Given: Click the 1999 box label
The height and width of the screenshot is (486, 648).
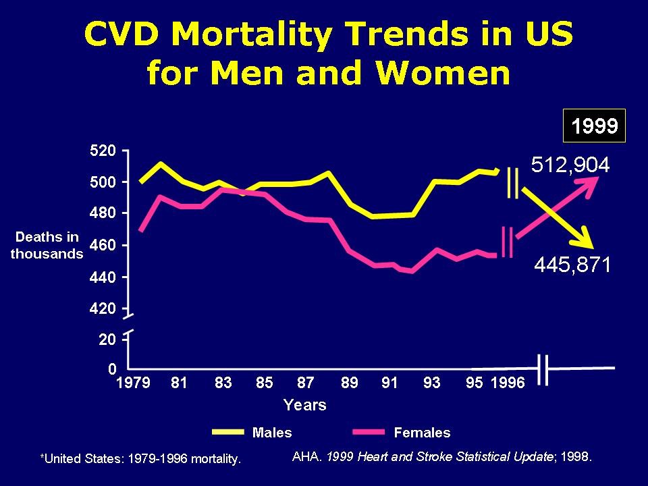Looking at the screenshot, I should coord(595,126).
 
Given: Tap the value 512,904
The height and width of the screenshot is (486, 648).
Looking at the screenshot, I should coord(570,165).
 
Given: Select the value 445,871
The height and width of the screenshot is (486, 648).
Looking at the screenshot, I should coord(572,265).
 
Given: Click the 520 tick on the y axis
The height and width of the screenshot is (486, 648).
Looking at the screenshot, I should coord(104,151).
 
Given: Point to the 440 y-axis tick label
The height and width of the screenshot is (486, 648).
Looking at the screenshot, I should coord(104,277).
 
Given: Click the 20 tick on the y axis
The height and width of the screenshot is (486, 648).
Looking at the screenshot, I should coord(108,340).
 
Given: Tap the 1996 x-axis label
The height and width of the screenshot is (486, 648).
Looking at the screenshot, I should coord(507,383).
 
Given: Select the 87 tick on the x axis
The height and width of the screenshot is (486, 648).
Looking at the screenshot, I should coord(306,383).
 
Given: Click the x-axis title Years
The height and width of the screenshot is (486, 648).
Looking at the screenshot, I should coord(304,405).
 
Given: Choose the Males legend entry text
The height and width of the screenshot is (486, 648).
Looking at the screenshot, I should coord(272,432).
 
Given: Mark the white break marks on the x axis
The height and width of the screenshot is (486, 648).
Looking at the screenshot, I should coord(544,369).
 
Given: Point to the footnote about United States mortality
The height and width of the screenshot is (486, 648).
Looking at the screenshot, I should coord(141,459).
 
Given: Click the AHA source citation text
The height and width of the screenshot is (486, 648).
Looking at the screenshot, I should coord(442,456).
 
